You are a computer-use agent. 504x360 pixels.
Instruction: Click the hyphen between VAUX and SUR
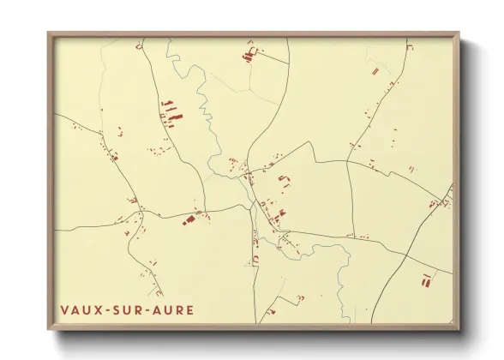[x=110, y=309]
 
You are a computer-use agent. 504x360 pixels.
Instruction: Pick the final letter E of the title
[x=189, y=309]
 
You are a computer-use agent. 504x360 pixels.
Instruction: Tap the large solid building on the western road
[x=189, y=220]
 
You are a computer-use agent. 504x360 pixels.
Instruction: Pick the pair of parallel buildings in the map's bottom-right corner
[x=426, y=278]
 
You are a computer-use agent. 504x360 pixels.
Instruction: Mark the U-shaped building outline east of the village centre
[x=284, y=179]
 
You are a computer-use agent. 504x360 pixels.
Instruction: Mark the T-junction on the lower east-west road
[x=350, y=237]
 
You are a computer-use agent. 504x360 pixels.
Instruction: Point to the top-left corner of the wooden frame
[x=49, y=33]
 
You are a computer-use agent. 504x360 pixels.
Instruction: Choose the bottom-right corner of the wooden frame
[x=459, y=329]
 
